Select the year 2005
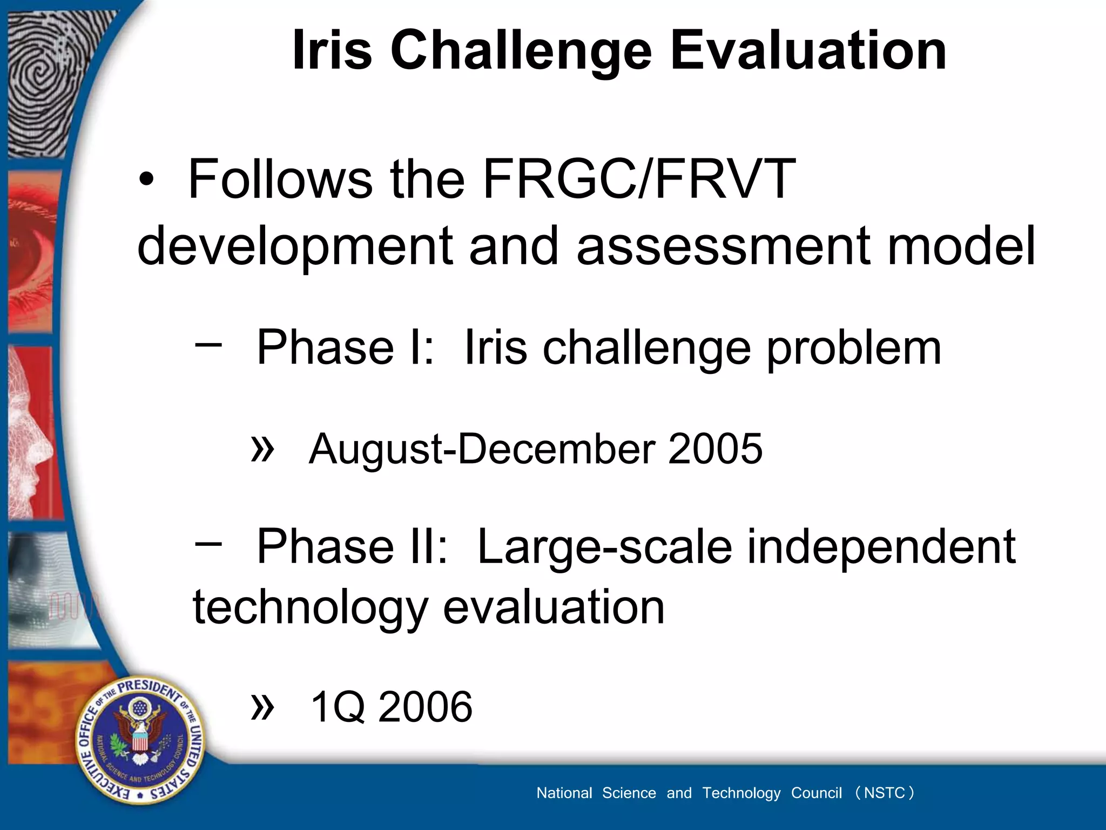coord(715,449)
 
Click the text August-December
coord(482,450)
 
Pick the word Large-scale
coord(605,547)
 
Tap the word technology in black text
coord(310,608)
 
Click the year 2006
coord(425,707)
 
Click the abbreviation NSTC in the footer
coord(884,793)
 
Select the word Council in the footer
coord(816,793)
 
